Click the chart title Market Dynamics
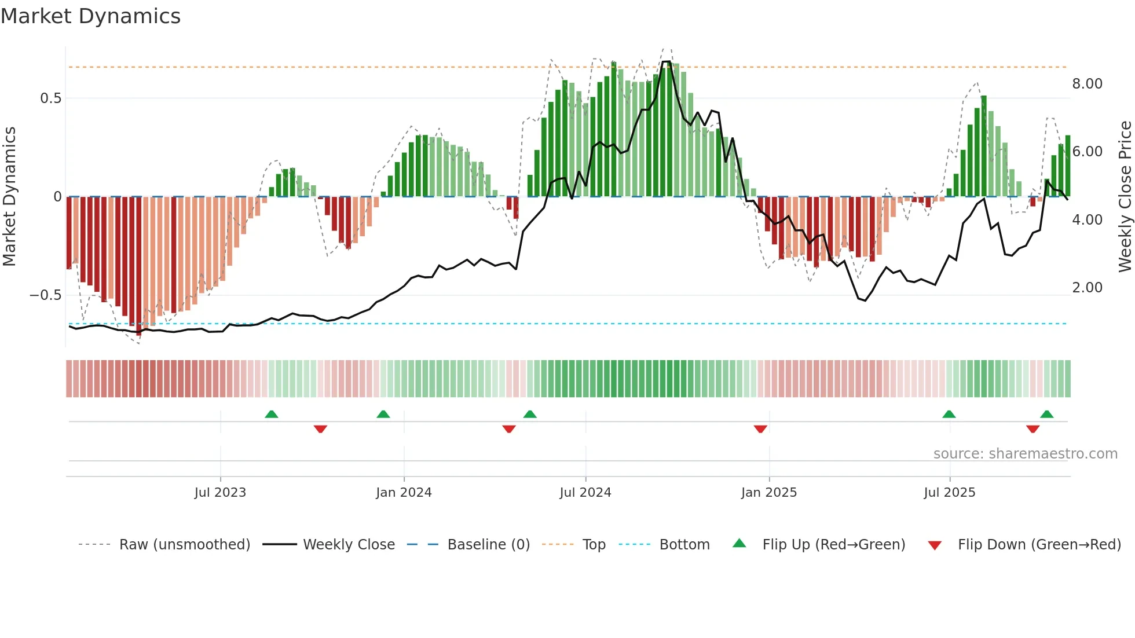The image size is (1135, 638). (90, 16)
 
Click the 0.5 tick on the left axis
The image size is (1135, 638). (50, 98)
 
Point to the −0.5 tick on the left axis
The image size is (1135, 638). (46, 295)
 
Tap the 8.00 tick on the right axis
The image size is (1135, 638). (1087, 84)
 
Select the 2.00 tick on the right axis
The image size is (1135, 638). (1087, 288)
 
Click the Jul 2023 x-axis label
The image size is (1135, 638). (220, 493)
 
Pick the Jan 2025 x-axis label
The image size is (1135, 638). (768, 493)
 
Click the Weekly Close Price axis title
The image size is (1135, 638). (1125, 197)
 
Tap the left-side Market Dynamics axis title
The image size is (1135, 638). (9, 197)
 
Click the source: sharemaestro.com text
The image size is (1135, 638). (1025, 454)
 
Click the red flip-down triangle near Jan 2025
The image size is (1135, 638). (760, 429)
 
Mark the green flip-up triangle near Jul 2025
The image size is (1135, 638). (949, 414)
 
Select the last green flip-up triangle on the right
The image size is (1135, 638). (1046, 414)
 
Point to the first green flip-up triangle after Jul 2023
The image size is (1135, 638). (272, 414)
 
